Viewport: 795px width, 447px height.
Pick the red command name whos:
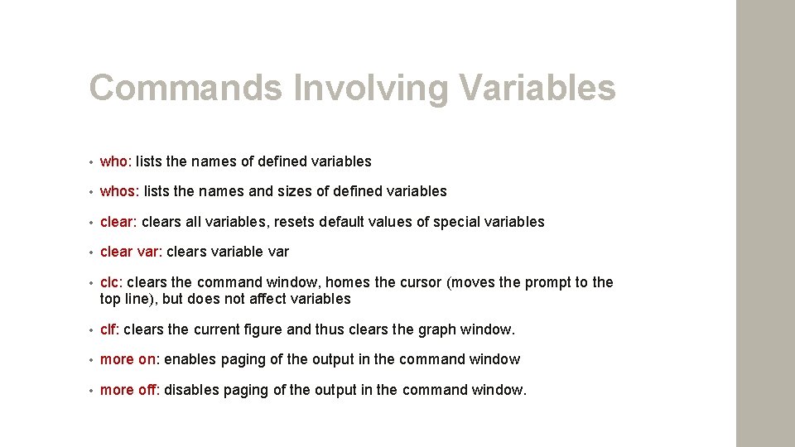click(120, 191)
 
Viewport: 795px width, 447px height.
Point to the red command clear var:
click(131, 252)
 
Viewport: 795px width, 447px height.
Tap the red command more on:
click(130, 359)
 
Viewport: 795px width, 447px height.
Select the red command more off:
click(130, 390)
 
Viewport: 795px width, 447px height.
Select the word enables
click(190, 359)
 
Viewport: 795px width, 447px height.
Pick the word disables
click(192, 390)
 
